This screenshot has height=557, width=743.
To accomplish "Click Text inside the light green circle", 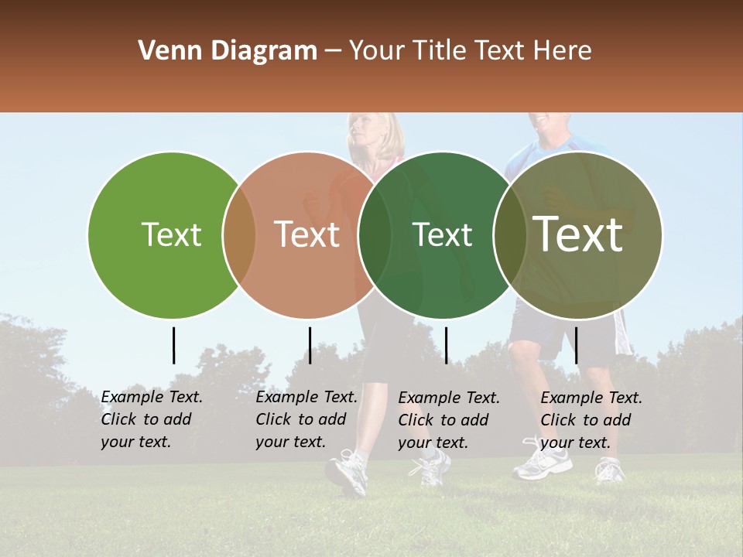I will click(171, 234).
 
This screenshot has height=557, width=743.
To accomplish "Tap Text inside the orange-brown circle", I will click(307, 234).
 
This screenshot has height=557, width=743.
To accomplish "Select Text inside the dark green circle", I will click(443, 234).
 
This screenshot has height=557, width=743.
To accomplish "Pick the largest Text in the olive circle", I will click(578, 234).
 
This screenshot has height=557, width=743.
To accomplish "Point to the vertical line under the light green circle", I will click(173, 345).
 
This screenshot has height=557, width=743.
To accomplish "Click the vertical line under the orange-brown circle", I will click(310, 345).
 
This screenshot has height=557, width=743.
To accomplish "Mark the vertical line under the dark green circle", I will click(446, 345).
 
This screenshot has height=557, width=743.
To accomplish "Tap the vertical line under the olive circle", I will click(577, 345).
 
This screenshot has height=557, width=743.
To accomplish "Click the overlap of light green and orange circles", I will click(239, 235).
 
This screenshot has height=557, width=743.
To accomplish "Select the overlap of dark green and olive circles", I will click(509, 235).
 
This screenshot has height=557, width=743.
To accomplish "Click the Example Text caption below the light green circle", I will click(151, 419).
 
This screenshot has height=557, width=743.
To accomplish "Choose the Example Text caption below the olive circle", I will click(591, 420).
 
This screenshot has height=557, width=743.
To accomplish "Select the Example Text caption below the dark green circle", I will click(448, 420).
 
